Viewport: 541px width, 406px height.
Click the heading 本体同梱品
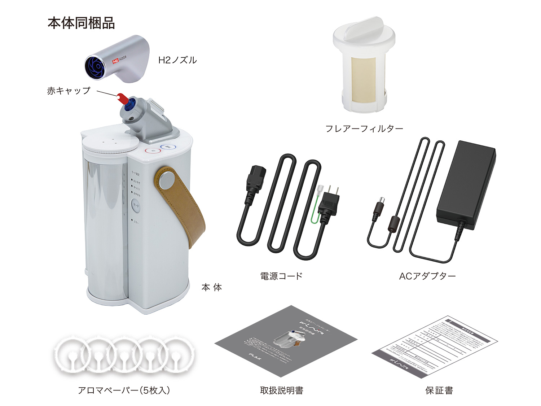click(81, 23)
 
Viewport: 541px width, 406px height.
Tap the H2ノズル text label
click(177, 60)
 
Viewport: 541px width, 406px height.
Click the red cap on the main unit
click(122, 98)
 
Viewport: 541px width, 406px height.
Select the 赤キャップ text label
click(69, 91)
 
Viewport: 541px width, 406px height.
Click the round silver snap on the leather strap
click(166, 180)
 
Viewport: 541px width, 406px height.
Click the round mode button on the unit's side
click(136, 205)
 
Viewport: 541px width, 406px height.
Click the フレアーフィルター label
click(364, 128)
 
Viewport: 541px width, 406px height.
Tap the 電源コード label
click(281, 276)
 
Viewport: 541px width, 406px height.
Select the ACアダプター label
click(427, 276)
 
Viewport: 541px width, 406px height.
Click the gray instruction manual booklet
click(285, 341)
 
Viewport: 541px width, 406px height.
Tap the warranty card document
click(435, 346)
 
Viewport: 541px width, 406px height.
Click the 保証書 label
click(439, 390)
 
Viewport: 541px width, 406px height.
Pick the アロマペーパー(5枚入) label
click(124, 390)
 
